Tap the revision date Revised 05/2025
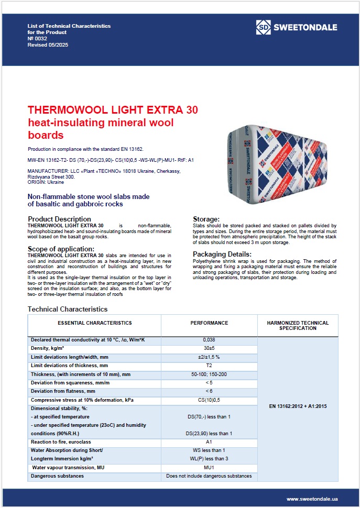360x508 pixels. [x=48, y=45]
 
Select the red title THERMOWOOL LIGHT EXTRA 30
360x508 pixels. [x=113, y=111]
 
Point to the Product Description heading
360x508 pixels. [x=59, y=219]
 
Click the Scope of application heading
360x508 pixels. [x=61, y=248]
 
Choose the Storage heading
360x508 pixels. [x=206, y=219]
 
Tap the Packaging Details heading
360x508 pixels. [x=222, y=254]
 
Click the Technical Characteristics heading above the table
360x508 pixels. [x=67, y=309]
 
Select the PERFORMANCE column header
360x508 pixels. [x=209, y=323]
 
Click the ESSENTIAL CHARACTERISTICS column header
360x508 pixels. [x=95, y=323]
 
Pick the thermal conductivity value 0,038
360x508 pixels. [x=209, y=340]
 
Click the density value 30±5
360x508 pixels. [x=209, y=348]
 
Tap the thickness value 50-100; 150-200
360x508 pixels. [x=209, y=374]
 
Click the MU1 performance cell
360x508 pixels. [x=209, y=467]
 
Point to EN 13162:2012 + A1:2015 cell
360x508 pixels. [x=298, y=406]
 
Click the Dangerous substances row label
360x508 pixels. [x=57, y=476]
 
